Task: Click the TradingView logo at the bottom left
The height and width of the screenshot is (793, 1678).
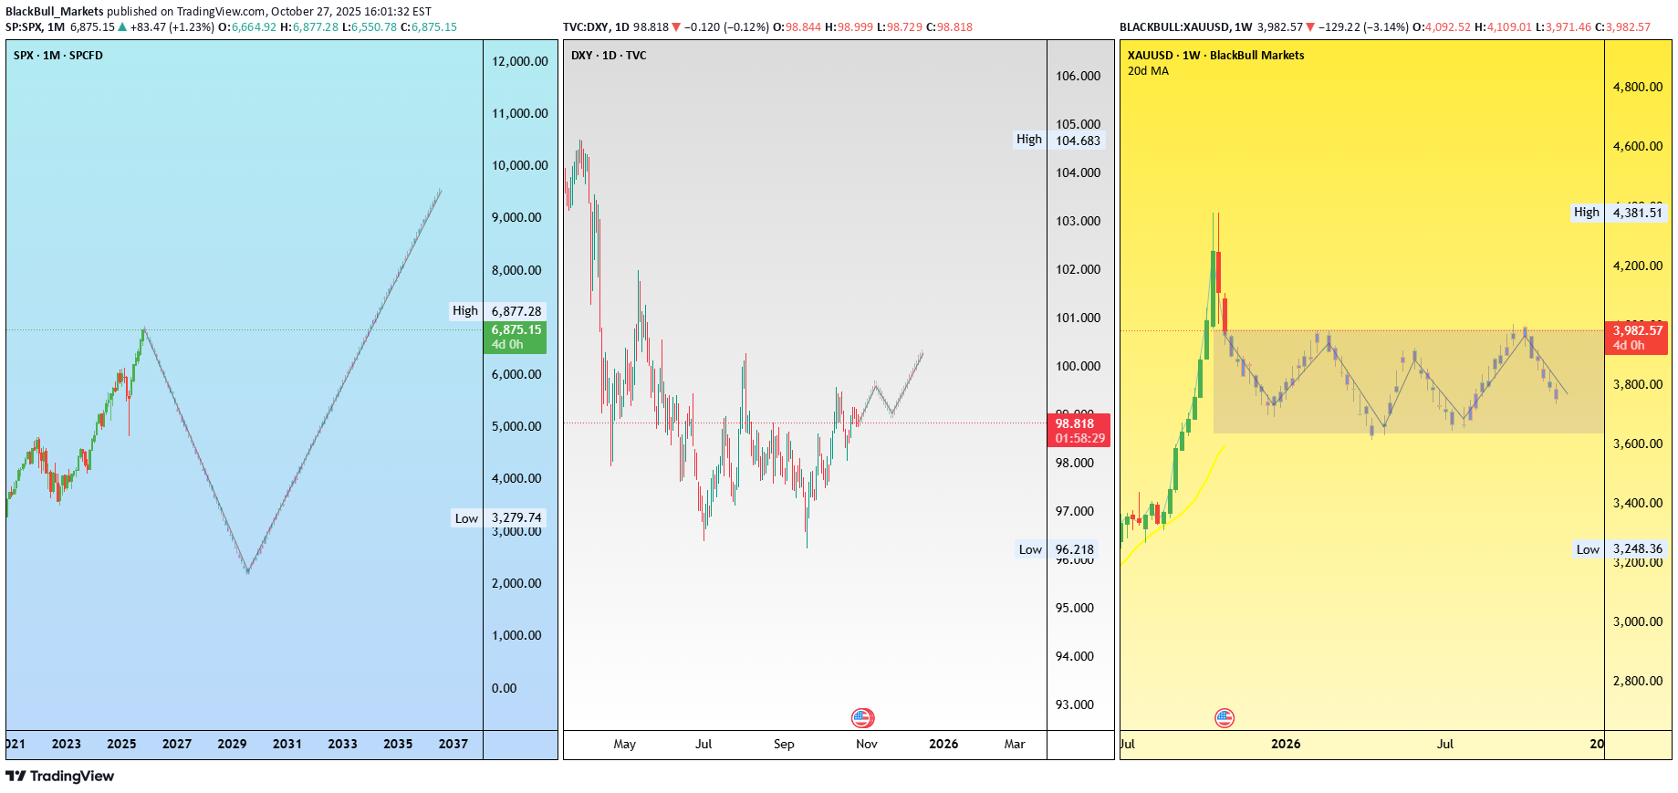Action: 60,776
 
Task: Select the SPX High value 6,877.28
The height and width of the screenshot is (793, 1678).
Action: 516,311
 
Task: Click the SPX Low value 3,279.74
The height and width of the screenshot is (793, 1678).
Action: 516,517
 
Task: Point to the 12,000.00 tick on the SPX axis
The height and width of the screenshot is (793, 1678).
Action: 519,61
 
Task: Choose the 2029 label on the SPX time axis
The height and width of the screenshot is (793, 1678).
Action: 232,744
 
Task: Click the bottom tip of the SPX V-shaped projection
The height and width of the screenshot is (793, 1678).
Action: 248,572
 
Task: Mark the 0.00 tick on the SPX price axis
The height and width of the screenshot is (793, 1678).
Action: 504,688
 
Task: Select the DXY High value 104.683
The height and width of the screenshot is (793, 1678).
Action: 1078,141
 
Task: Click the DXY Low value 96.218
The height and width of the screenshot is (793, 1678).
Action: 1074,549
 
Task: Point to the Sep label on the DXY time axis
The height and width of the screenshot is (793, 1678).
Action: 784,744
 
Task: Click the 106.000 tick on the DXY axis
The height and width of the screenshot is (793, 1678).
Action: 1078,76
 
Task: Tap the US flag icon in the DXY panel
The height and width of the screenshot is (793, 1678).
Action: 862,718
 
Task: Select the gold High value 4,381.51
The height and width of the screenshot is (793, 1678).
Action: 1637,213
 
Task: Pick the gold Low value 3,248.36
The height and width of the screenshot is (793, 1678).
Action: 1637,548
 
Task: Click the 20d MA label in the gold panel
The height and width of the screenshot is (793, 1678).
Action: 1148,70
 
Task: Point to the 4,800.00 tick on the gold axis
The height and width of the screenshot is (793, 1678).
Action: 1637,87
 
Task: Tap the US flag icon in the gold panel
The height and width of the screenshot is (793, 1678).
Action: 1225,718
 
